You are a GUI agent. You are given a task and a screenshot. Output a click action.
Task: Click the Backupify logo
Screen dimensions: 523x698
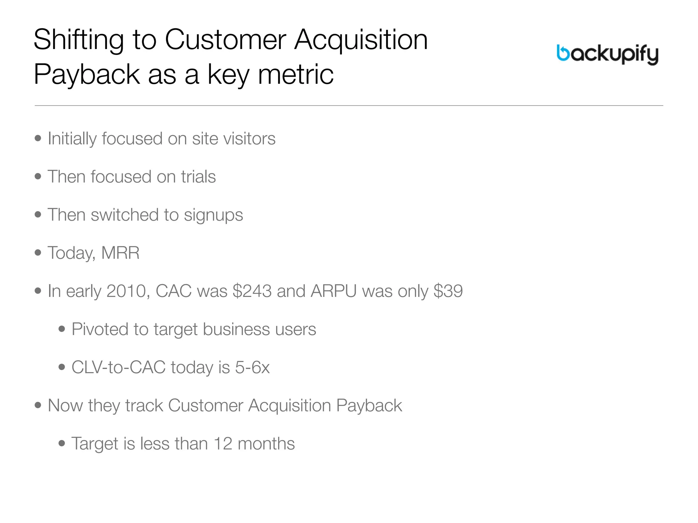pyautogui.click(x=607, y=54)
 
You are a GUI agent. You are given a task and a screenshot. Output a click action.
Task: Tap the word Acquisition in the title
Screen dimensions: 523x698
pyautogui.click(x=361, y=40)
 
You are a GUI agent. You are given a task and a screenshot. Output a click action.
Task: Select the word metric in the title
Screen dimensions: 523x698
pyautogui.click(x=296, y=75)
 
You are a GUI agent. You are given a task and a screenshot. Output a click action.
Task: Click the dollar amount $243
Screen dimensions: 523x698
pyautogui.click(x=252, y=291)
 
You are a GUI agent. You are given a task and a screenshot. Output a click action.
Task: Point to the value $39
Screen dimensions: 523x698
pyautogui.click(x=448, y=291)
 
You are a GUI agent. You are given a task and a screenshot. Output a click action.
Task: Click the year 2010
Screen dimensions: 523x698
pyautogui.click(x=126, y=291)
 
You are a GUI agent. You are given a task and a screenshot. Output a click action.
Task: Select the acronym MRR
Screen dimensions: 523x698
pyautogui.click(x=120, y=253)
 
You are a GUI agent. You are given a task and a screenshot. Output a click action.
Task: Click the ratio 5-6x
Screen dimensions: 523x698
pyautogui.click(x=252, y=367)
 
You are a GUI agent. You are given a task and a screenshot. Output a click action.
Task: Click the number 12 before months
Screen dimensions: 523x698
pyautogui.click(x=223, y=444)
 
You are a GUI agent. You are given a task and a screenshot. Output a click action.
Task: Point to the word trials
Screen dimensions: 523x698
pyautogui.click(x=198, y=177)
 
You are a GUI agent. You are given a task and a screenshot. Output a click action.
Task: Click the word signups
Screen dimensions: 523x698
pyautogui.click(x=213, y=215)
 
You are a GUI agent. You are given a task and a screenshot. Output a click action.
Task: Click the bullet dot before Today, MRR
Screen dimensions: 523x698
pyautogui.click(x=38, y=253)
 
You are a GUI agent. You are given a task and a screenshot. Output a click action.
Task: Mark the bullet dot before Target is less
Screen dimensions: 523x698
pyautogui.click(x=62, y=443)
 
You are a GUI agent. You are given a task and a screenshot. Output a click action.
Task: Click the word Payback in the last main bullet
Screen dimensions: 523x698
pyautogui.click(x=369, y=406)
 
